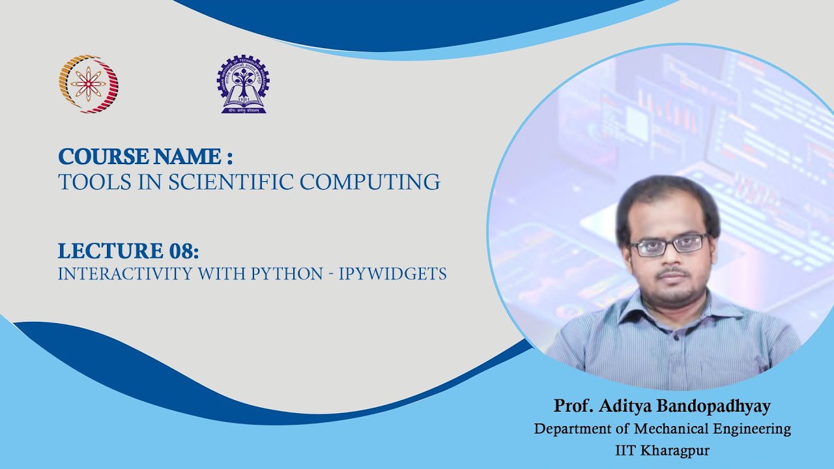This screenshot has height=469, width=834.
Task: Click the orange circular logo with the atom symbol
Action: (89, 84)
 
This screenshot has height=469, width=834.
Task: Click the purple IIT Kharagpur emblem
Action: (242, 84)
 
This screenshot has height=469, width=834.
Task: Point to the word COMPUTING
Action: (370, 182)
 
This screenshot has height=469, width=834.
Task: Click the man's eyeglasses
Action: (669, 244)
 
